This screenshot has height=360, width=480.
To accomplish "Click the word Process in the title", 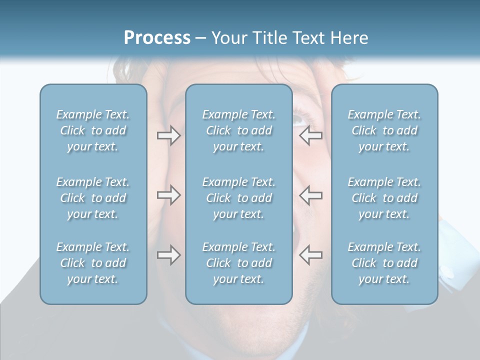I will tap(157, 38).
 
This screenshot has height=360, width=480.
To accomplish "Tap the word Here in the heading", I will tap(349, 38).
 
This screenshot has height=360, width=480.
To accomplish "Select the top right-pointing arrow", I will tap(169, 135).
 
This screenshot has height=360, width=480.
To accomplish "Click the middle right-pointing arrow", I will tap(169, 195).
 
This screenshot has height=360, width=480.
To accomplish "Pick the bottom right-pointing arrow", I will tap(169, 255).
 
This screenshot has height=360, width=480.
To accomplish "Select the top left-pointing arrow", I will tap(310, 135).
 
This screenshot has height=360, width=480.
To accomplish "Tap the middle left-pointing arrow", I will tap(310, 195).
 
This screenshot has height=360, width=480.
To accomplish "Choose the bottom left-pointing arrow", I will tap(310, 255).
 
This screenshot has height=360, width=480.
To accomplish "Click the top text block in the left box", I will tap(93, 130).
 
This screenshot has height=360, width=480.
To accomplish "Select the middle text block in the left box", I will tap(93, 198).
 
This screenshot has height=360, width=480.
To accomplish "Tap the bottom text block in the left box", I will tap(93, 263).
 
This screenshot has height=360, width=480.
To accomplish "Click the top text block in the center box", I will tap(239, 130).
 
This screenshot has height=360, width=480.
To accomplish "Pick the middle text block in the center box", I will tap(239, 198).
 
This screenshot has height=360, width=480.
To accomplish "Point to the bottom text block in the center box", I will tap(239, 263).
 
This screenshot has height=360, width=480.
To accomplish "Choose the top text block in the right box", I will tap(384, 130).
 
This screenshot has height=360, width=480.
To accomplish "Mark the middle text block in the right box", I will tap(384, 198).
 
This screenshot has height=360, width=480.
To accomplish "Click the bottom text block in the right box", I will tap(384, 263).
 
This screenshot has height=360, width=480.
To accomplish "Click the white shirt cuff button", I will tap(446, 273).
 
